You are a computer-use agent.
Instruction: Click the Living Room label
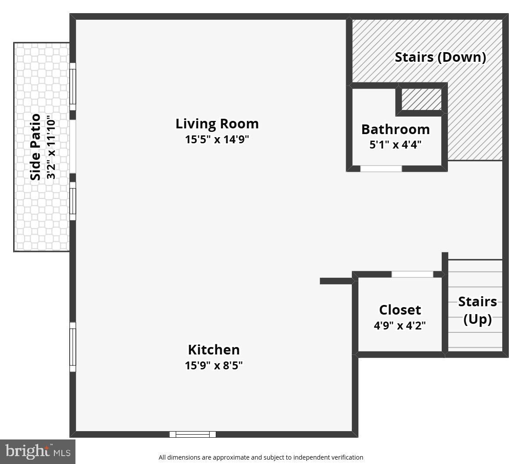217,124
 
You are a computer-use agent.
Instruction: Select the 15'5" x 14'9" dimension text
217,140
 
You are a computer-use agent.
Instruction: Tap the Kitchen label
214,350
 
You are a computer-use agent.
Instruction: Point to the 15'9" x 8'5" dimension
214,365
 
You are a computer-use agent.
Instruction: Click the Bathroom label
395,130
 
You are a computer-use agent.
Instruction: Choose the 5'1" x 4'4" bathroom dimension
395,145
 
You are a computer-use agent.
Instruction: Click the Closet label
400,310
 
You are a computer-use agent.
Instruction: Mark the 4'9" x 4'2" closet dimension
400,326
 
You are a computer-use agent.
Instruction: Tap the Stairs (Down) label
440,57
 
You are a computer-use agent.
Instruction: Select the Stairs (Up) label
477,310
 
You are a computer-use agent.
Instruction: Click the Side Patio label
36,147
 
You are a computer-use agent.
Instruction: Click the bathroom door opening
381,169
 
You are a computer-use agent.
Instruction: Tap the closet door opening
412,274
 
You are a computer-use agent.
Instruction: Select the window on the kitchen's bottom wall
193,434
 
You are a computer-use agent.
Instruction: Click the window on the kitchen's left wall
73,347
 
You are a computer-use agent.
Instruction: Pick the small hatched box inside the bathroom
422,99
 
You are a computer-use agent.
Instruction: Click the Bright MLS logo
38,451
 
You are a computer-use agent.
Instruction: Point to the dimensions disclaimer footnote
261,457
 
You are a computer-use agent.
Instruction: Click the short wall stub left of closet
336,281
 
